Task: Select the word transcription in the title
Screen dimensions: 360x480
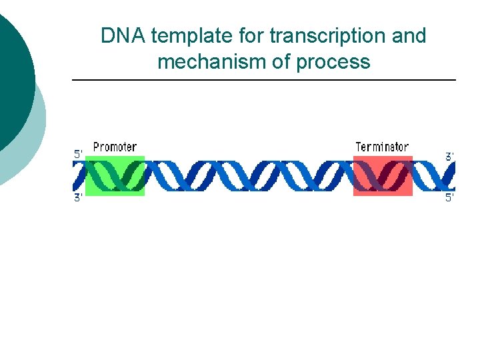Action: [327, 36]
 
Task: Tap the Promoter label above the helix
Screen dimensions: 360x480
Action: [115, 147]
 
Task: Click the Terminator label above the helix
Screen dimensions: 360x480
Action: [382, 147]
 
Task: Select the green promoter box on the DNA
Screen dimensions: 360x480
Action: [115, 176]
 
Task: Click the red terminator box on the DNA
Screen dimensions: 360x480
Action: [383, 176]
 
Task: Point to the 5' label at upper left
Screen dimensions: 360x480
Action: [78, 154]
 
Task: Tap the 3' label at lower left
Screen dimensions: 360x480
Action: [78, 197]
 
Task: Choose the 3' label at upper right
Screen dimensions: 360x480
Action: [450, 156]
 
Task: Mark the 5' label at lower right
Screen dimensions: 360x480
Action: [450, 197]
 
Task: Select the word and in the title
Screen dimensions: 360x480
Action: [409, 36]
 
